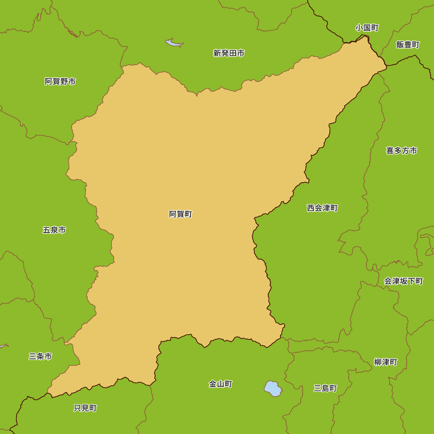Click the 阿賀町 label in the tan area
(181, 214)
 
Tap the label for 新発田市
(229, 53)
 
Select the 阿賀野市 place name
(60, 82)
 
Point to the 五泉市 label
(54, 230)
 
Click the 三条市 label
(40, 356)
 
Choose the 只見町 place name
(85, 408)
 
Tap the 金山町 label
(220, 384)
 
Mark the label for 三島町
(325, 388)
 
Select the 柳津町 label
(385, 362)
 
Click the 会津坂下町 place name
(403, 281)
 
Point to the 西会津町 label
(322, 208)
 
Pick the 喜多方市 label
(401, 151)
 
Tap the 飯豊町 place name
(408, 45)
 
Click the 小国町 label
(367, 28)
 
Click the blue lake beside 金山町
(273, 388)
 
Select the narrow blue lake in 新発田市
(174, 43)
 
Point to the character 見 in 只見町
(85, 408)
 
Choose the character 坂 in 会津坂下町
(403, 281)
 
